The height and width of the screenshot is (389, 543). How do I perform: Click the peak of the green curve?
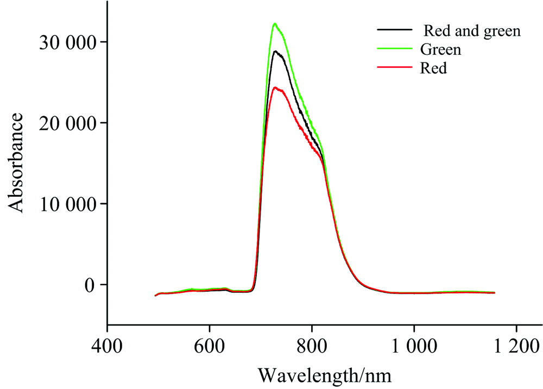tap(275, 23)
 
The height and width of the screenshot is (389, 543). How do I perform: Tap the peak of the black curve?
tap(276, 51)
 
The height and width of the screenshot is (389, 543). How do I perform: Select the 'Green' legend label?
tap(440, 50)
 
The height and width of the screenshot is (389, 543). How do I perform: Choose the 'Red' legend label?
tap(433, 69)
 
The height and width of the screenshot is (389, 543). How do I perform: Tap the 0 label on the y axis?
tap(89, 285)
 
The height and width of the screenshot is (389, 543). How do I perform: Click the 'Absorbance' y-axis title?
tap(16, 162)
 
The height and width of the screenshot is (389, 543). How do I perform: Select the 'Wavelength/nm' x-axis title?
tap(324, 374)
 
